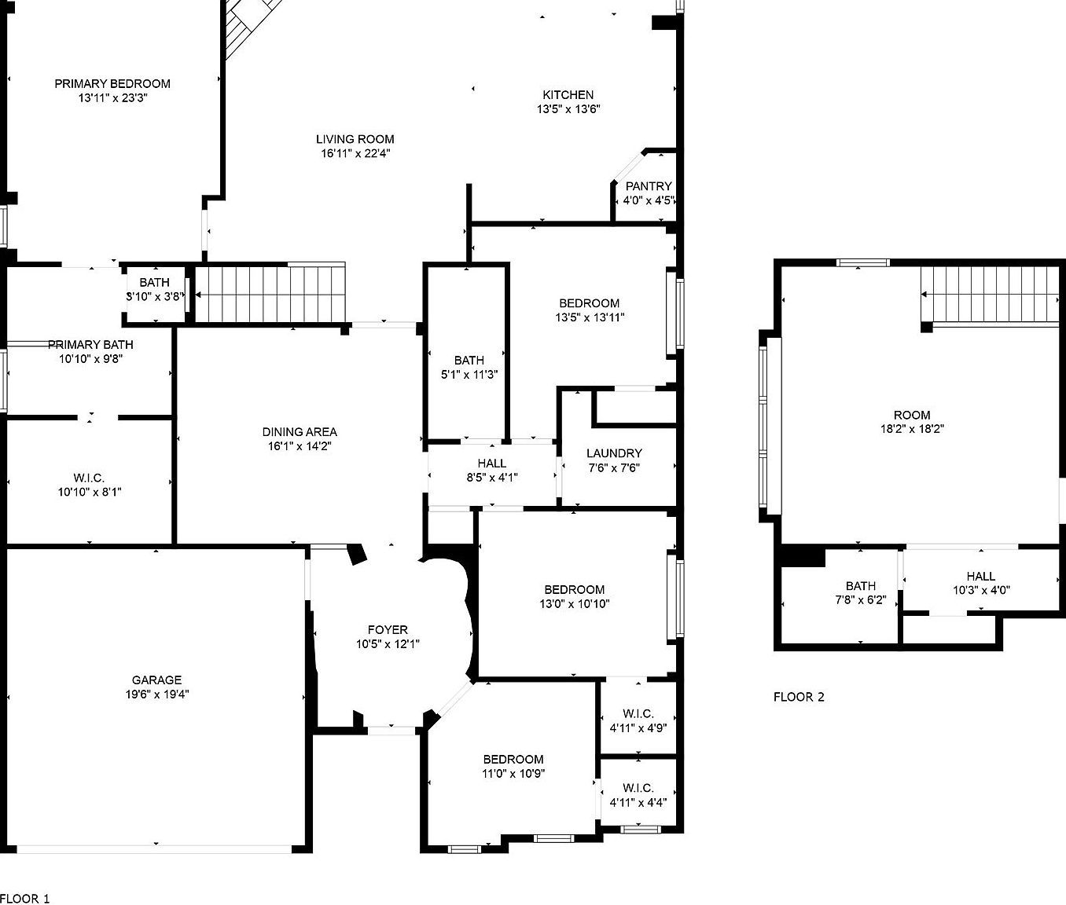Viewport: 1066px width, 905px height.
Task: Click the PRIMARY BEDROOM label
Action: [x=112, y=83]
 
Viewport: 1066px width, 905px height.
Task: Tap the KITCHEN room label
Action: [x=568, y=95]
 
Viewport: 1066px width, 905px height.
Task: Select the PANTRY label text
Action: [x=649, y=186]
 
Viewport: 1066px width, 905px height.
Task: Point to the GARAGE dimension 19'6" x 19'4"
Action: [x=156, y=694]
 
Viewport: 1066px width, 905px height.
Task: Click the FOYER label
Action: [x=388, y=629]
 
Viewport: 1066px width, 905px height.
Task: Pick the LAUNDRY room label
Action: [x=614, y=453]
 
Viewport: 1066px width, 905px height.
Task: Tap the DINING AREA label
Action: [x=299, y=431]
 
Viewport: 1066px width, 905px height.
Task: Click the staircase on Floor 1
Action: [x=270, y=294]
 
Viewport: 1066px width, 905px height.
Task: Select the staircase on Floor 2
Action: [x=991, y=295]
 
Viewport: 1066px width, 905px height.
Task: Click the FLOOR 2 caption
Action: [x=799, y=697]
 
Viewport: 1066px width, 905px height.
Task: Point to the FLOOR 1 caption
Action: [x=24, y=898]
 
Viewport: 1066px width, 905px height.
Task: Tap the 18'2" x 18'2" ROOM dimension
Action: [x=912, y=429]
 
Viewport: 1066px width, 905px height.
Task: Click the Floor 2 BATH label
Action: [x=860, y=585]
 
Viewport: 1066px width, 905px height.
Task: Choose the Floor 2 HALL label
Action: [x=981, y=576]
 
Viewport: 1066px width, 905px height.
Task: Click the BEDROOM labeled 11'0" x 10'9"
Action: [x=513, y=759]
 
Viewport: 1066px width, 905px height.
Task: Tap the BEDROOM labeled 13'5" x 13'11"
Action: [x=589, y=303]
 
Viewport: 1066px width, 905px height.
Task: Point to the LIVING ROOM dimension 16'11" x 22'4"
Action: [x=355, y=153]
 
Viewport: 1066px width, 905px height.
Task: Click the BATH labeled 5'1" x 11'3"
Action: [x=469, y=360]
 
